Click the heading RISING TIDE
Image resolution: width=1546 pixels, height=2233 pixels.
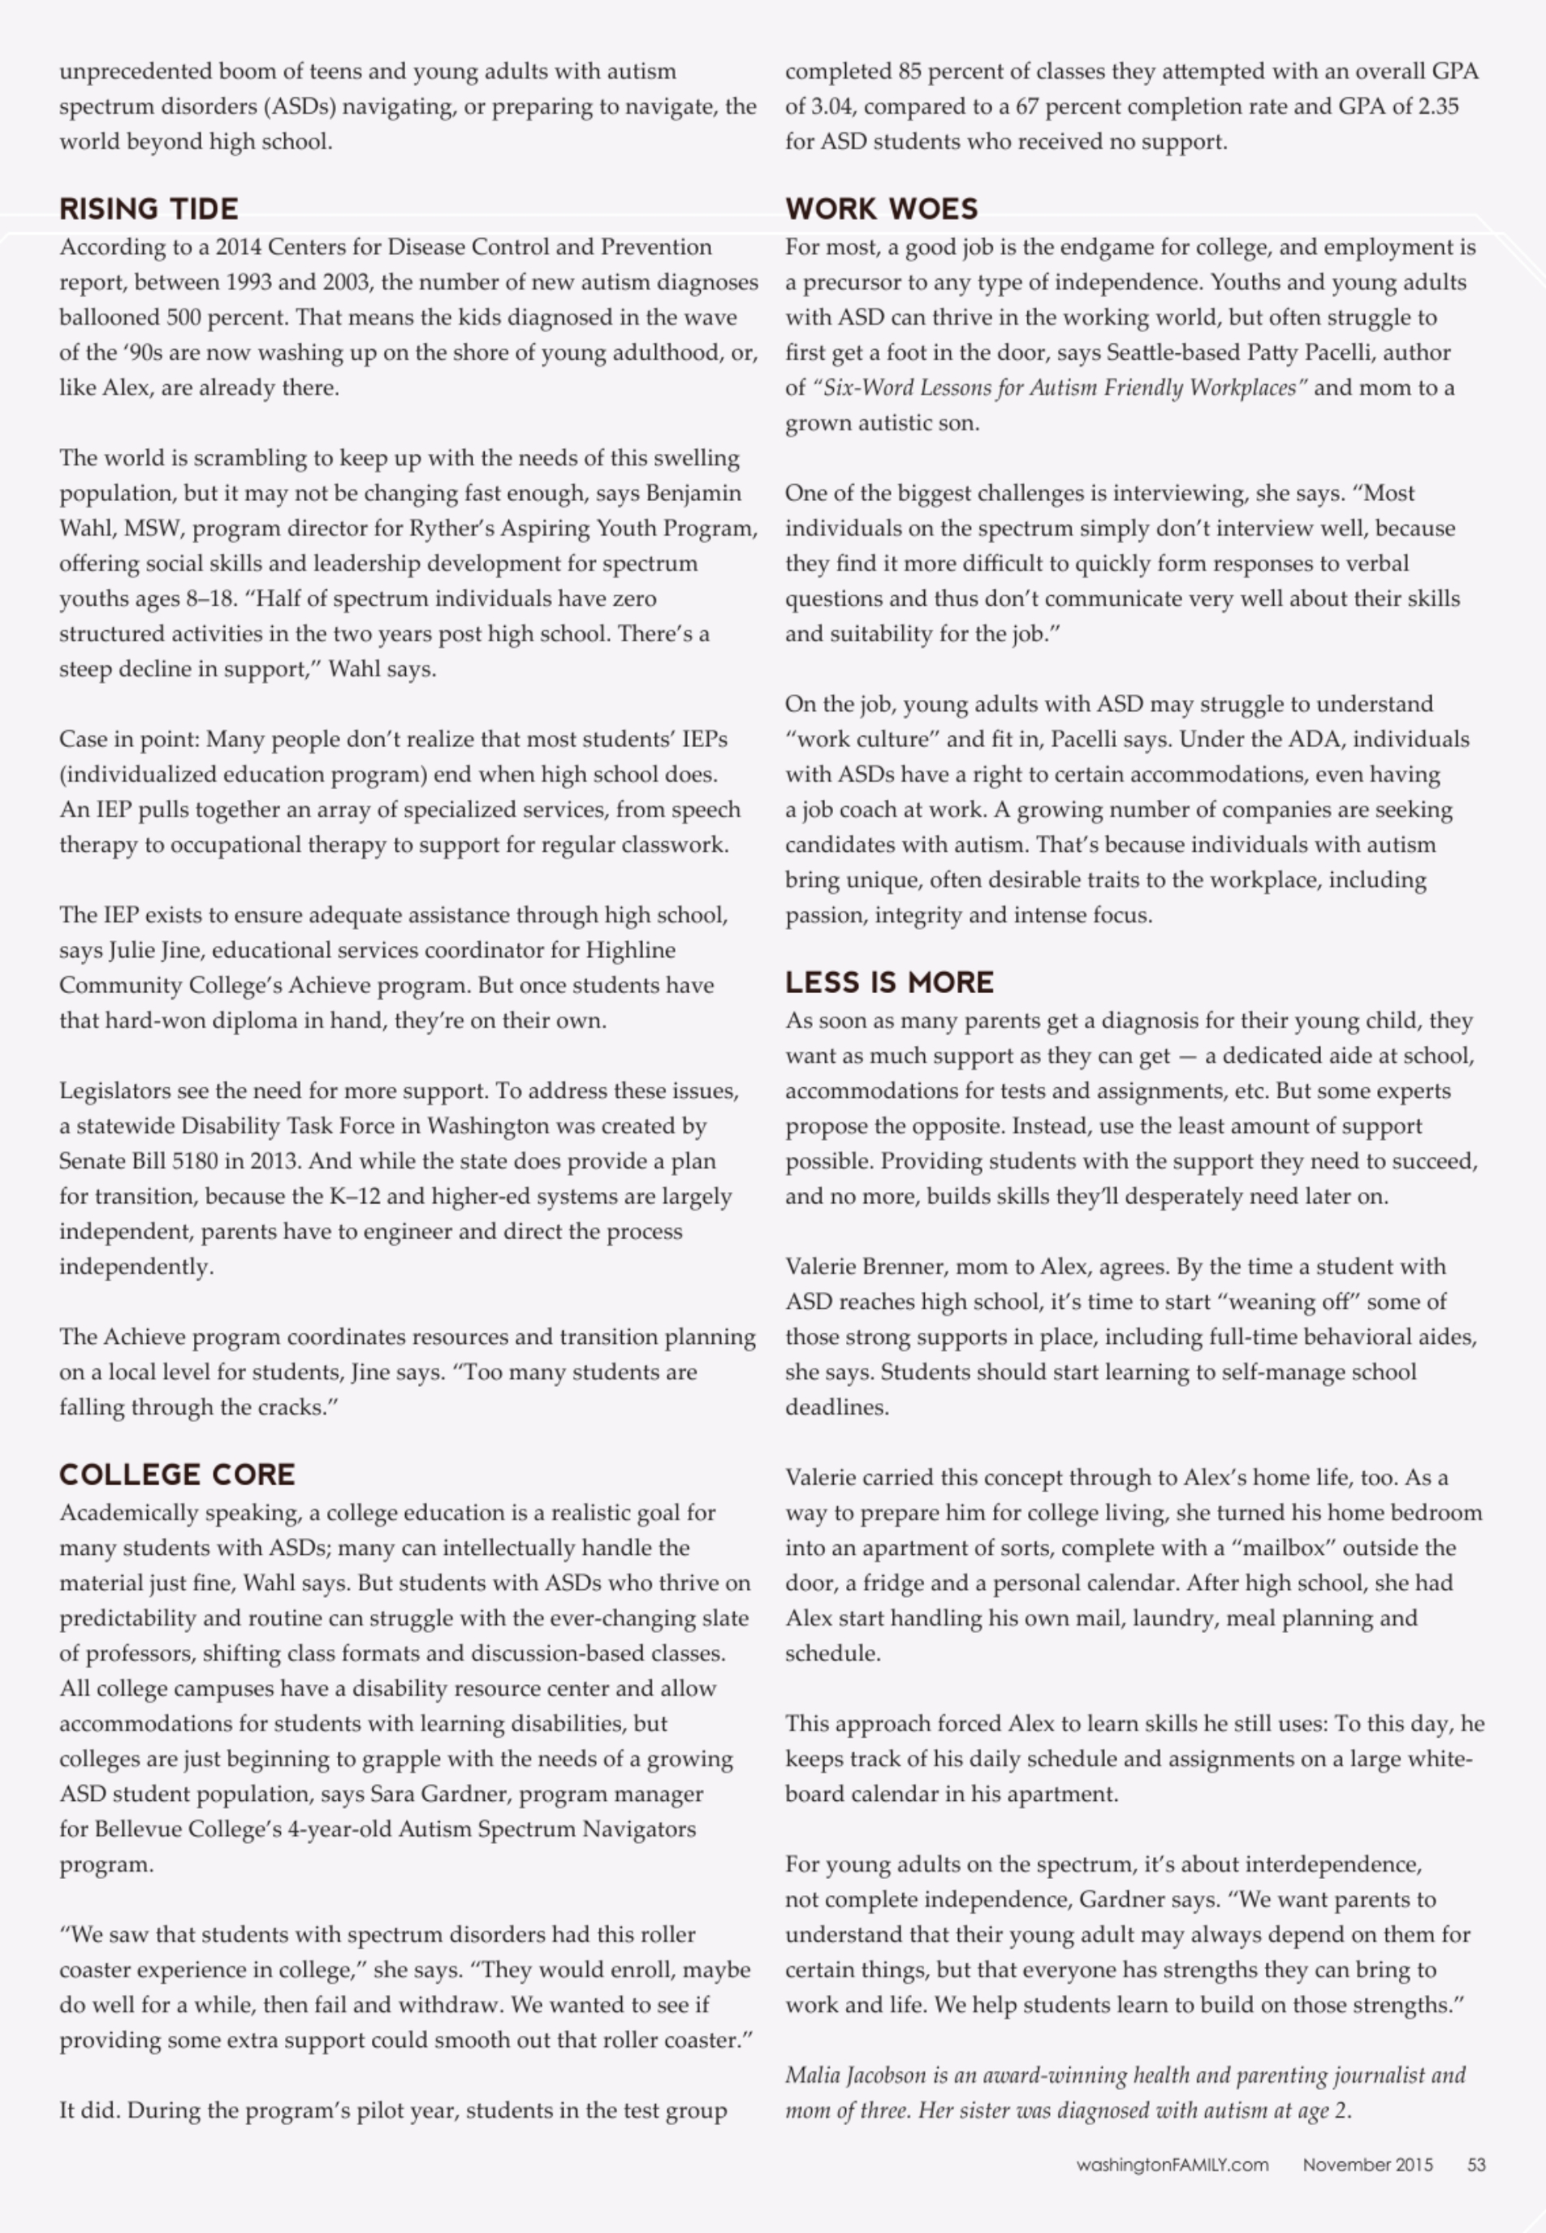click(149, 209)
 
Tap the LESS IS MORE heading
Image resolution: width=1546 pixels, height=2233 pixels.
click(888, 983)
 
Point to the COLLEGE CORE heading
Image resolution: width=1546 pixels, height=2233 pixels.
click(176, 1475)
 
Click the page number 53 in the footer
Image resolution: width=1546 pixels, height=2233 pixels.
click(1476, 2164)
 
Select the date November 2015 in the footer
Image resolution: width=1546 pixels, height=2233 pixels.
click(1367, 2164)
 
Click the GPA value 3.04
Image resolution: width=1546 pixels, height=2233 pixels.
click(829, 106)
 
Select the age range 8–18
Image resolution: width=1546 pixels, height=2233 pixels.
click(210, 598)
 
